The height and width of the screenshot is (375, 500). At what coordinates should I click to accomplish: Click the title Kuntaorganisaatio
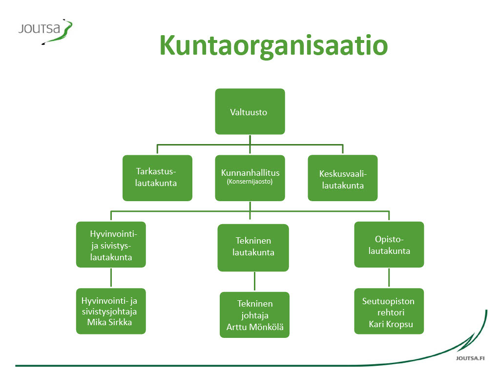coord(273,45)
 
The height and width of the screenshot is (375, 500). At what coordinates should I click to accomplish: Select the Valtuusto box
coord(250,112)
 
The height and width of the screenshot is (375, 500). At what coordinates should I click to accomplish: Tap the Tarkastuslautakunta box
coord(158,178)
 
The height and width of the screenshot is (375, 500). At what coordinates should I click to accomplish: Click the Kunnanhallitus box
coord(250,178)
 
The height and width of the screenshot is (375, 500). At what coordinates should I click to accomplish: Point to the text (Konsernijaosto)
coord(250,182)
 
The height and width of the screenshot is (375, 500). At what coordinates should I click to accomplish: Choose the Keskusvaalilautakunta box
coord(343,178)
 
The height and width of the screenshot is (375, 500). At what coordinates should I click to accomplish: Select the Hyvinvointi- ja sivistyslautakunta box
coord(111,245)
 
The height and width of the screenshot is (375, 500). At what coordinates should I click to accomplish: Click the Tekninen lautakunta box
coord(253,248)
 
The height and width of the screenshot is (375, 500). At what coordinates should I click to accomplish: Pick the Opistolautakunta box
coord(389,245)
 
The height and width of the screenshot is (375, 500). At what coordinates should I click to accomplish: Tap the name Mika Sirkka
coord(109,322)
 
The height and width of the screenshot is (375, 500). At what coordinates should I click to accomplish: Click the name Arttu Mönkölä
coord(255,327)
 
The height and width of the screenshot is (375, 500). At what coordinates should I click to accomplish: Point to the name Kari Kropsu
coord(391,324)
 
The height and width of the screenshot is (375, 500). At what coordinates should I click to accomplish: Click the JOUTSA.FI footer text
coord(470,358)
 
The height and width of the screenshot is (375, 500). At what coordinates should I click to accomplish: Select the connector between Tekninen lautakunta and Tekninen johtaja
coord(254,282)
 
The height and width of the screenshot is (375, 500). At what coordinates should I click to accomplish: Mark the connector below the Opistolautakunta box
coord(389,278)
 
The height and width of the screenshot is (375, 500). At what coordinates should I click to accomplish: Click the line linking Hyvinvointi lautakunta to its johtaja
coord(111,278)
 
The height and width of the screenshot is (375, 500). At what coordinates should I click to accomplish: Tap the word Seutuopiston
coord(388,301)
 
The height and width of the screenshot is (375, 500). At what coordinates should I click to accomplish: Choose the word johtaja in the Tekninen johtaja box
coord(255,315)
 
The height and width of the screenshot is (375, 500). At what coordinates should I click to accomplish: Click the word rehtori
coord(391,312)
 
